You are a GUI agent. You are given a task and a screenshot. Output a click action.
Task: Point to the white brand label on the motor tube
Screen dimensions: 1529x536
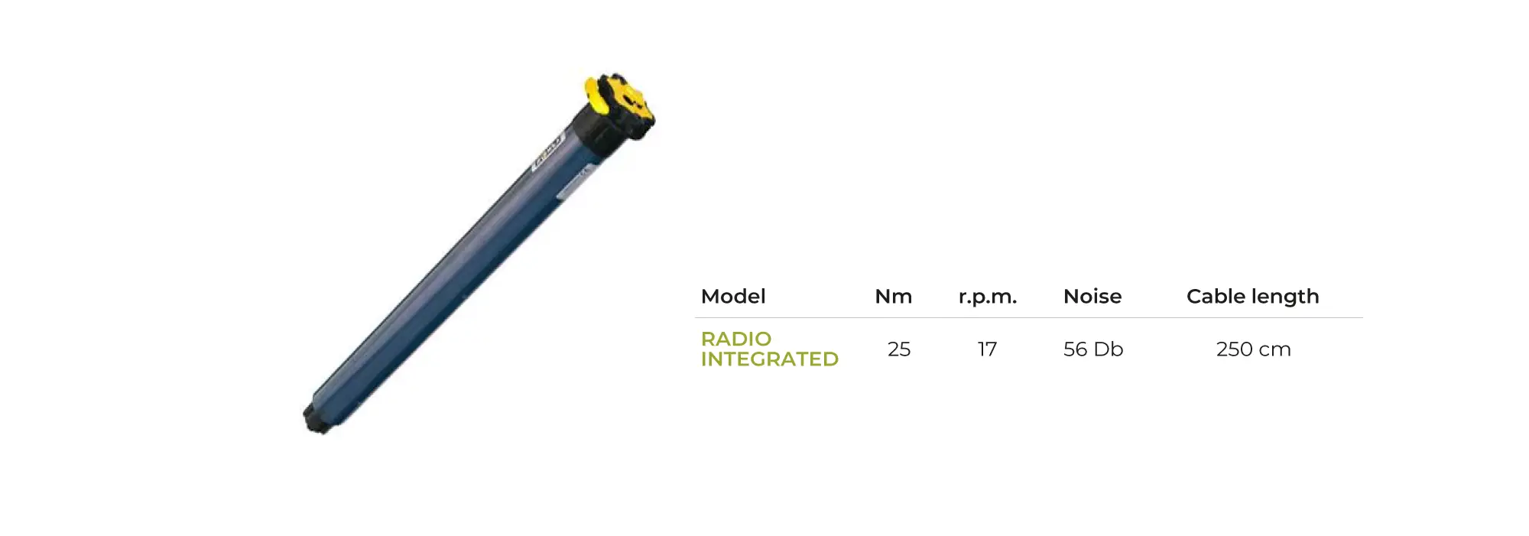pos(547,151)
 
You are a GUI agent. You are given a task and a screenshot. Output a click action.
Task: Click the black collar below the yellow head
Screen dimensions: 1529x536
pos(604,128)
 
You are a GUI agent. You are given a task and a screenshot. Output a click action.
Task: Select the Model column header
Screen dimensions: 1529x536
pos(733,297)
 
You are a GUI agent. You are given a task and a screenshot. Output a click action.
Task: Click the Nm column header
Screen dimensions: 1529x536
pos(894,297)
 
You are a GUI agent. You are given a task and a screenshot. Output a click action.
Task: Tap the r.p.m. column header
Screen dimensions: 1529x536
pos(988,297)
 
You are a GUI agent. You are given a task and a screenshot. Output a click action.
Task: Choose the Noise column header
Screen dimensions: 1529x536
pos(1092,297)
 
